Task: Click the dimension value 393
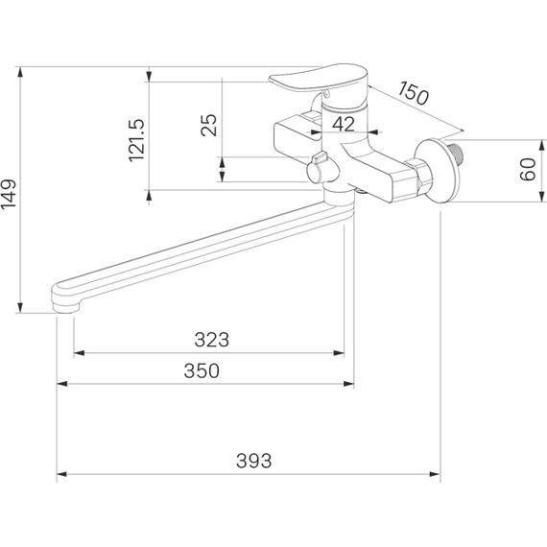pos(253,461)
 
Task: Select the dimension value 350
pos(202,370)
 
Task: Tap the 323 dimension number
pos(212,340)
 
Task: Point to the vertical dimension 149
pos(9,194)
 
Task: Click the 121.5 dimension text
pos(136,140)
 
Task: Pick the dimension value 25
pos(209,125)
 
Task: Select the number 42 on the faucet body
pos(344,124)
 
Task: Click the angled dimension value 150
pos(413,93)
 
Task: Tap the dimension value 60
pos(528,170)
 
